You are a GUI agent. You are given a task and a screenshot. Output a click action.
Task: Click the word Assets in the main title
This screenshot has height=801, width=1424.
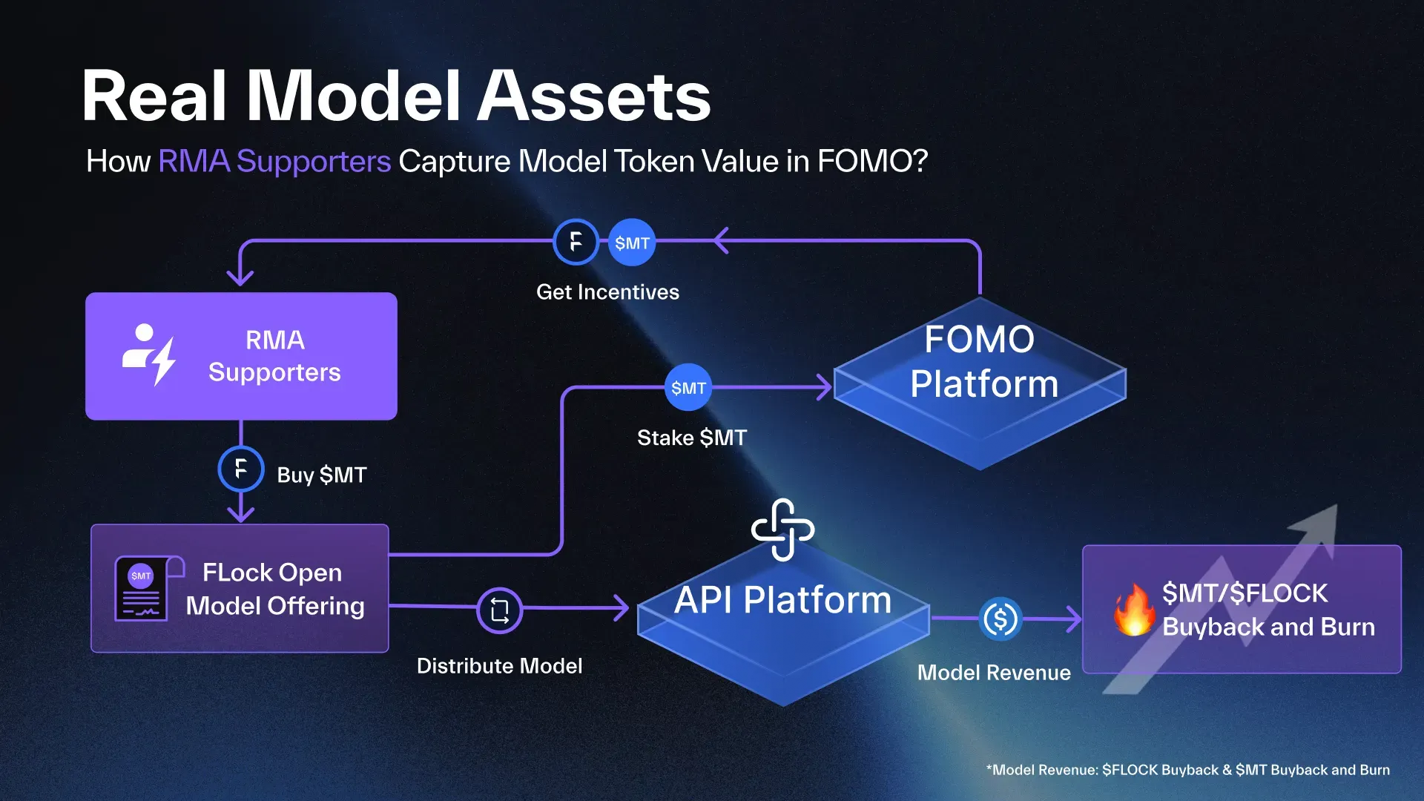pyautogui.click(x=593, y=96)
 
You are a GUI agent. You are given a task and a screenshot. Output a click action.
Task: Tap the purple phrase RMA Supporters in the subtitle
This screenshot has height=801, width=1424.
pyautogui.click(x=274, y=161)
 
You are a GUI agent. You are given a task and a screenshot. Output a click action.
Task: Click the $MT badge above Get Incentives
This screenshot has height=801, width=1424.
pyautogui.click(x=632, y=243)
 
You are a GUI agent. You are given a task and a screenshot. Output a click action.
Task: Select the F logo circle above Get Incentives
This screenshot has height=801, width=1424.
pyautogui.click(x=576, y=242)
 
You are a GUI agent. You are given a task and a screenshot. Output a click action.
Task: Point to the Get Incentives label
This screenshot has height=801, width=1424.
pyautogui.click(x=607, y=292)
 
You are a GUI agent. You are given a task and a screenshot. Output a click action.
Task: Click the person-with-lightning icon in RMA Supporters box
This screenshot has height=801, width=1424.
pyautogui.click(x=149, y=355)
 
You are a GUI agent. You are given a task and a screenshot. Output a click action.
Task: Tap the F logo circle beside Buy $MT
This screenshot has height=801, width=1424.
pyautogui.click(x=241, y=469)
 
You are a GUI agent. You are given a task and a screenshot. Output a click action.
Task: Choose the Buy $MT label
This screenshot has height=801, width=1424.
pyautogui.click(x=321, y=475)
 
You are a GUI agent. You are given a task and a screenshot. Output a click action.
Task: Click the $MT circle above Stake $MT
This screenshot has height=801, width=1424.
pyautogui.click(x=688, y=387)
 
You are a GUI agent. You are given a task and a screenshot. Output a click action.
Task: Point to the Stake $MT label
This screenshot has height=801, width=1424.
pyautogui.click(x=692, y=438)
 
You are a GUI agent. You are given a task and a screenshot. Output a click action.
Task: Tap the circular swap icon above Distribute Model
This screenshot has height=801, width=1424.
pyautogui.click(x=500, y=610)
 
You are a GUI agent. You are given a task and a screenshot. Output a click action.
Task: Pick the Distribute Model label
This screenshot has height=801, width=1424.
pyautogui.click(x=499, y=666)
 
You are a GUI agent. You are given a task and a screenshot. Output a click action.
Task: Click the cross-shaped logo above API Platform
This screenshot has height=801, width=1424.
pyautogui.click(x=782, y=530)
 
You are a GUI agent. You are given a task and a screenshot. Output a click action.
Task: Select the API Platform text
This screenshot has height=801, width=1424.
pyautogui.click(x=782, y=600)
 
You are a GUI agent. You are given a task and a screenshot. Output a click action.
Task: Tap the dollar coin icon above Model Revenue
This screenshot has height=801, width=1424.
pyautogui.click(x=1001, y=619)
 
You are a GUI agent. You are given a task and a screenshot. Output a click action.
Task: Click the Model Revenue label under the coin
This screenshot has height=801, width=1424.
pyautogui.click(x=994, y=673)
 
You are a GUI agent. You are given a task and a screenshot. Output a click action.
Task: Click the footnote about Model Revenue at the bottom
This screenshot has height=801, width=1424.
pyautogui.click(x=1187, y=770)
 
